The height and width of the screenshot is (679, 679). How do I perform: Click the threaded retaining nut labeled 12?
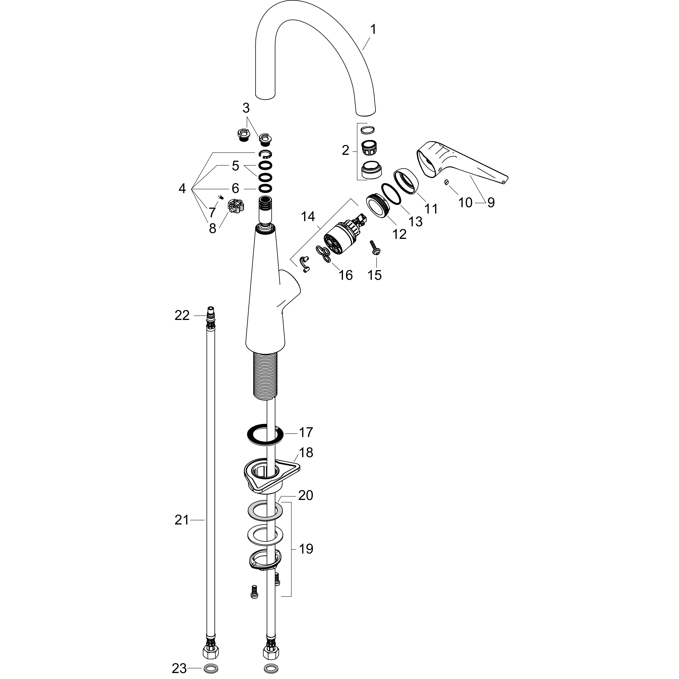377,207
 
